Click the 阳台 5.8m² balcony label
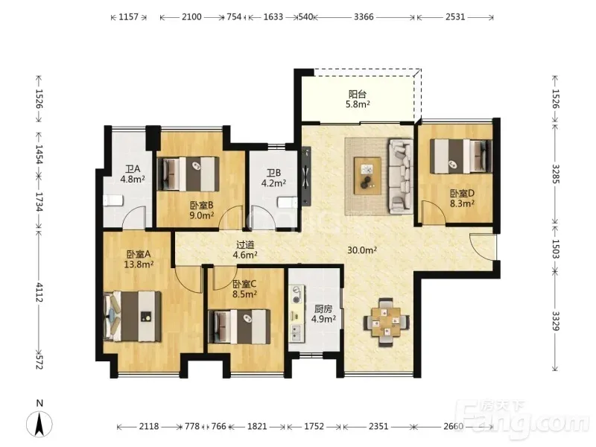[x=358, y=99]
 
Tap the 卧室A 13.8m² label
[x=139, y=259]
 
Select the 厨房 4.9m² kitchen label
[x=323, y=314]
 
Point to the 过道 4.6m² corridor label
[x=245, y=250]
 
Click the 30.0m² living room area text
[x=362, y=250]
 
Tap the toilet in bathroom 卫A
[x=113, y=200]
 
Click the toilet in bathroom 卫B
[x=288, y=203]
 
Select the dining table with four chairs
[x=386, y=322]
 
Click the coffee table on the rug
[x=367, y=176]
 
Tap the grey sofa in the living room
[x=401, y=176]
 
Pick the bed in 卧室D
[x=461, y=156]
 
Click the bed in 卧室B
[x=188, y=174]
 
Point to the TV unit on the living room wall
[x=306, y=176]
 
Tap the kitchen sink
[x=296, y=332]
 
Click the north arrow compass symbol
[x=39, y=422]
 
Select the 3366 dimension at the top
[x=364, y=16]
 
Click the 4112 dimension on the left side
[x=39, y=292]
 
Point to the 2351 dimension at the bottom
[x=378, y=426]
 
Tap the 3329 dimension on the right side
[x=556, y=322]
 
